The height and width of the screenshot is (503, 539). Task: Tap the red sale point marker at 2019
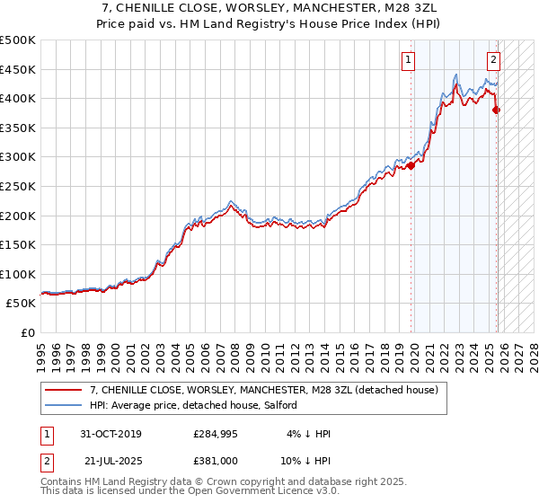(x=411, y=165)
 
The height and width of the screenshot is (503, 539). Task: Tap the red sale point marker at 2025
(x=497, y=110)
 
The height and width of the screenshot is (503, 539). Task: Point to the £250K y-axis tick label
(x=18, y=186)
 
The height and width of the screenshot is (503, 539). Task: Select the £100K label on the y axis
(x=18, y=274)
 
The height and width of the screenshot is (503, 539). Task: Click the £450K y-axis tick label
(x=18, y=69)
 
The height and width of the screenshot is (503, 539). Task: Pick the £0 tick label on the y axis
(x=27, y=332)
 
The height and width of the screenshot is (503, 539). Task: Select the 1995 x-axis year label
(x=41, y=352)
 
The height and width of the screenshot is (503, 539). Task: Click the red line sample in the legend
(x=63, y=390)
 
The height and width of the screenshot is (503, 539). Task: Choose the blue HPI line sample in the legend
(x=63, y=405)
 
